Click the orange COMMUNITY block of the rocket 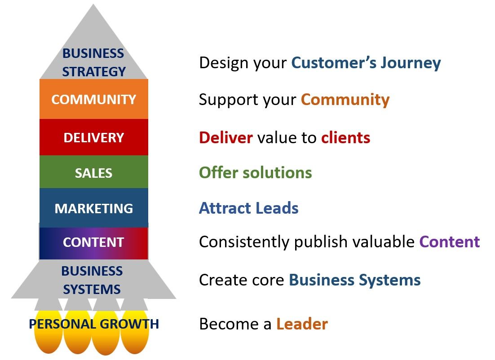click(93, 99)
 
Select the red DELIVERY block click(93, 137)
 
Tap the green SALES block click(93, 173)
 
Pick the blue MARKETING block click(93, 208)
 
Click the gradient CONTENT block click(93, 242)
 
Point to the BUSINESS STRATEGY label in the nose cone click(93, 62)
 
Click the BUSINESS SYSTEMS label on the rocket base click(92, 280)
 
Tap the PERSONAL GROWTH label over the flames click(94, 324)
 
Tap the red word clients click(345, 137)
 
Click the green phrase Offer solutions click(255, 173)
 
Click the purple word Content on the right click(450, 242)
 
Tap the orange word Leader click(302, 324)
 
